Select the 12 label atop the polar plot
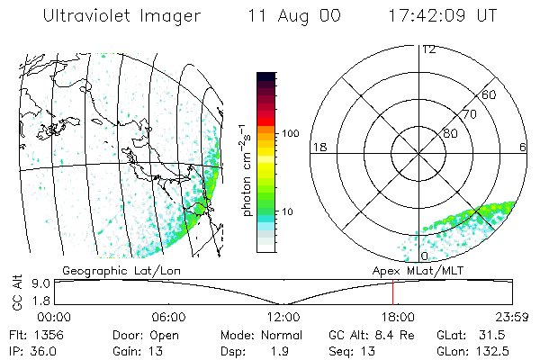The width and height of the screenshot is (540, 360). coord(428,49)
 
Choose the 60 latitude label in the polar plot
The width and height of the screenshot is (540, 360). coord(490,94)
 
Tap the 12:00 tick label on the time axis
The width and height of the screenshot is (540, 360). coord(283,317)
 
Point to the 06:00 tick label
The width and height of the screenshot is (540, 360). coord(168,317)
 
